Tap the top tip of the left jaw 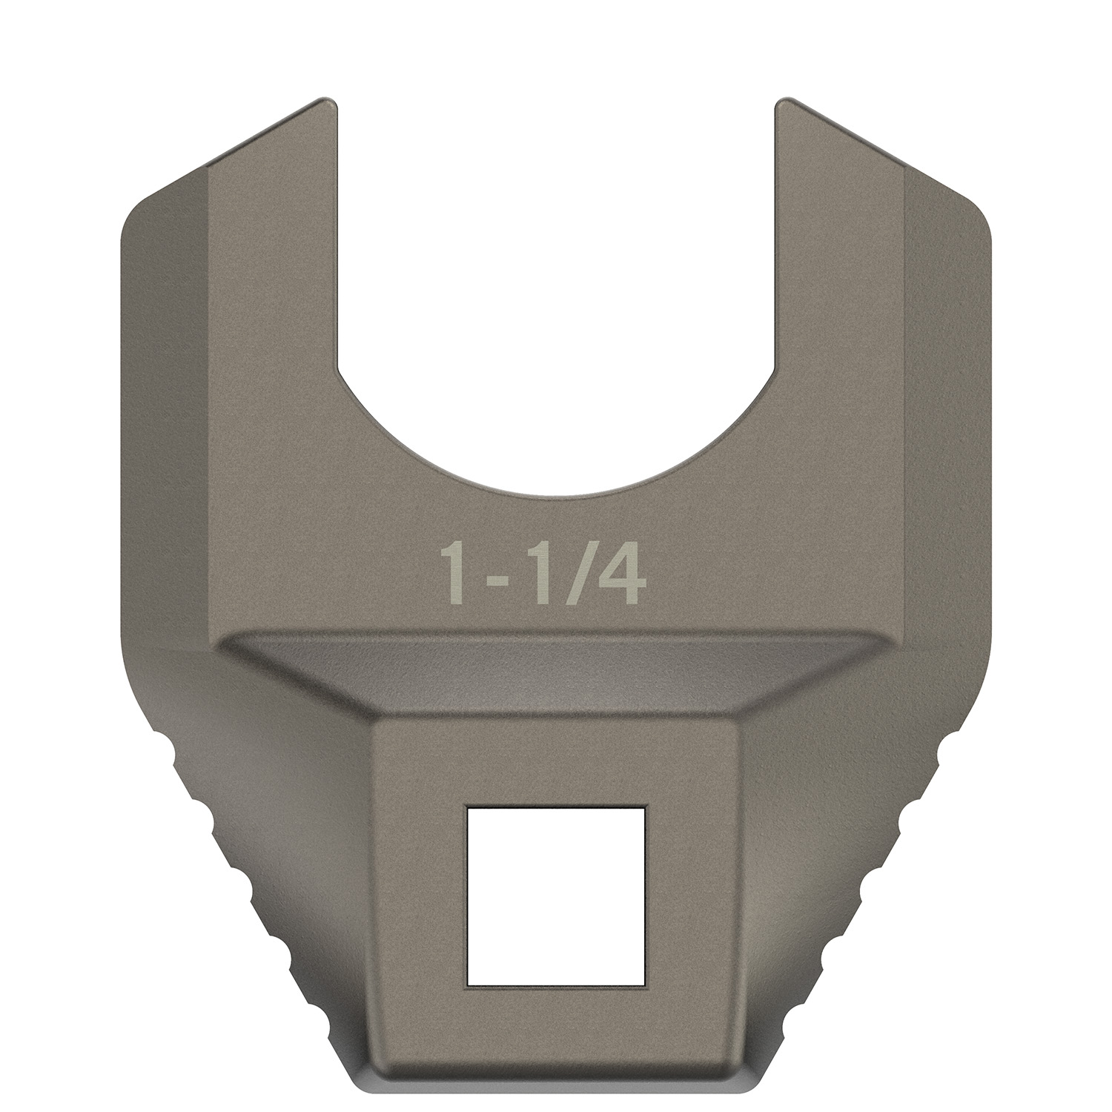coord(326,102)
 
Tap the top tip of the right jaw coord(786,102)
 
